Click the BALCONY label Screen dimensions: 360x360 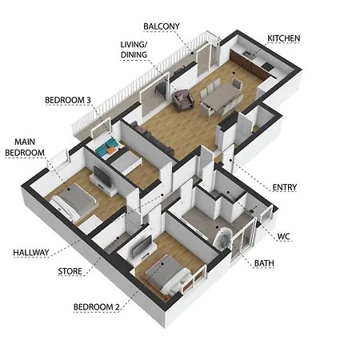pyautogui.click(x=162, y=26)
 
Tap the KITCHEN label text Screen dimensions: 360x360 pyautogui.click(x=284, y=38)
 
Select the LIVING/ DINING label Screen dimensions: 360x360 pyautogui.click(x=134, y=50)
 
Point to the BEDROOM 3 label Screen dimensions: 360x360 pyautogui.click(x=68, y=100)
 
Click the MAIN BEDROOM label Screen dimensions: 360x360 pyautogui.click(x=25, y=147)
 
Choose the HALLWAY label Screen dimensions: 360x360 pyautogui.click(x=31, y=253)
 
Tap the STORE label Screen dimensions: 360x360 pyautogui.click(x=70, y=271)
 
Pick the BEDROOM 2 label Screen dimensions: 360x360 pyautogui.click(x=97, y=307)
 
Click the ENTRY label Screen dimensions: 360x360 pyautogui.click(x=285, y=187)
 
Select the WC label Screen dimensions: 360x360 pyautogui.click(x=283, y=237)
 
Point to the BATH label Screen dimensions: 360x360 pyautogui.click(x=264, y=263)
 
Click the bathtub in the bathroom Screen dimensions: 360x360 pyautogui.click(x=222, y=239)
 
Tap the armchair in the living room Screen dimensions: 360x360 pyautogui.click(x=182, y=100)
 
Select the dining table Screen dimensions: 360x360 pyautogui.click(x=221, y=95)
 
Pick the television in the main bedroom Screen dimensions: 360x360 pyautogui.click(x=102, y=177)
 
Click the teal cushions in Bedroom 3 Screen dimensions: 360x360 pyautogui.click(x=106, y=146)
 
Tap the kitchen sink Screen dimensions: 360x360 pyautogui.click(x=248, y=54)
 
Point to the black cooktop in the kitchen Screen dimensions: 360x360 pyautogui.click(x=267, y=66)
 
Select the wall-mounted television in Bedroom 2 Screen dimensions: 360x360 pyautogui.click(x=142, y=247)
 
